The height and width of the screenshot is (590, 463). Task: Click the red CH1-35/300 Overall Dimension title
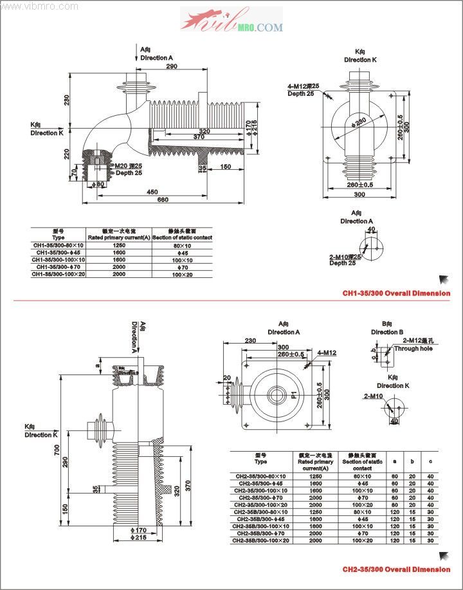pos(396,293)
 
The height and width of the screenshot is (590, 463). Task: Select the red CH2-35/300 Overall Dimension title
pos(396,569)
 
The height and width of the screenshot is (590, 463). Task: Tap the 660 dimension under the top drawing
pos(163,199)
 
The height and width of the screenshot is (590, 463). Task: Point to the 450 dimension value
pos(152,191)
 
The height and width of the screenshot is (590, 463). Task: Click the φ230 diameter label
pos(360,120)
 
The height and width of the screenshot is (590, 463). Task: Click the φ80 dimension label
pos(99,185)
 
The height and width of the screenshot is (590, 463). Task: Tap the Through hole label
pos(410,349)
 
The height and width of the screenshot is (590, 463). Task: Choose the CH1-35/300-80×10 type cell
pos(59,245)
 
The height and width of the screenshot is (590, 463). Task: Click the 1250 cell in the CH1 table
pos(119,245)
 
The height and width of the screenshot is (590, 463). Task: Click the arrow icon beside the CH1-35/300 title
pos(444,279)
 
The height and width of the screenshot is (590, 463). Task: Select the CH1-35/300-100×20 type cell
pos(59,274)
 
